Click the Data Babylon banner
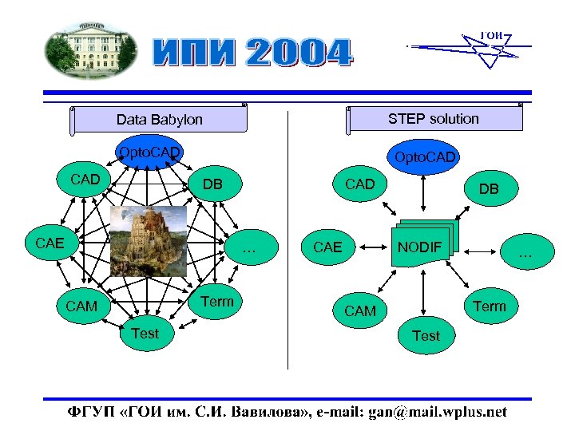pos(159,120)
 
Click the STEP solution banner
pos(434,119)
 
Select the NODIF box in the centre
pos(420,247)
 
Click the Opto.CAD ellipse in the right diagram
pos(425,157)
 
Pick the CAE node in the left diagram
pos(50,243)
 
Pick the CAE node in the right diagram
pos(327,247)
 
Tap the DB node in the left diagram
pos(212,184)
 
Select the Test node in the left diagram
pos(145,333)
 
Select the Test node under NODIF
pos(426,336)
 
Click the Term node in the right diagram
pos(489,306)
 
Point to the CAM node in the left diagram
pos(81,306)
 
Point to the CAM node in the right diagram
pos(359,310)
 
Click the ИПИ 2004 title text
pos(252,53)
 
